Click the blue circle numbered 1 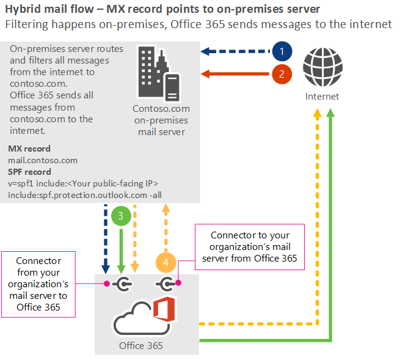click(x=282, y=51)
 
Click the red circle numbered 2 click(x=282, y=75)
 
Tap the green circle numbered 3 click(x=121, y=216)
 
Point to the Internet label click(x=322, y=97)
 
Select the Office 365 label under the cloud click(x=140, y=345)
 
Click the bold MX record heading click(x=29, y=149)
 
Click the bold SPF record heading click(x=29, y=172)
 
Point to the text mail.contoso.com click(x=43, y=160)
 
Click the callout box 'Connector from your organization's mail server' click(x=38, y=284)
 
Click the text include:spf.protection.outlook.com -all click(x=85, y=194)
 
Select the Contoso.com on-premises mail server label click(x=161, y=120)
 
